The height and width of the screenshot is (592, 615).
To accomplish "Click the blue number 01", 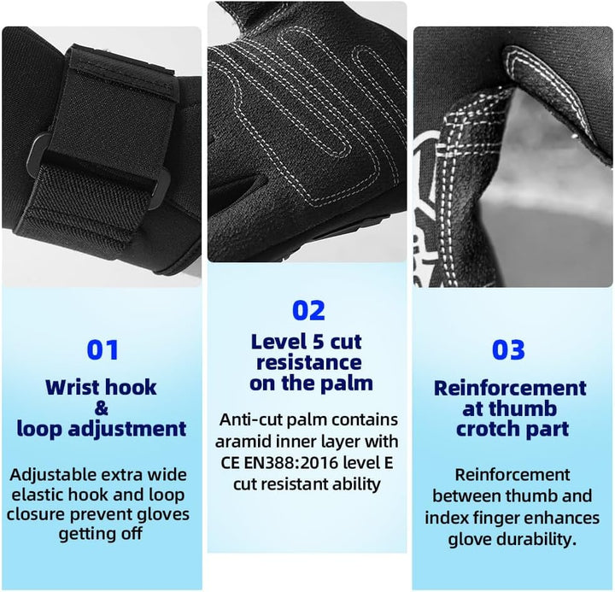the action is (102, 350).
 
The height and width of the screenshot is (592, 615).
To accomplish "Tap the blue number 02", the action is (308, 310).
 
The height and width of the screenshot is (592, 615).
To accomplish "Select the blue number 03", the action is (508, 350).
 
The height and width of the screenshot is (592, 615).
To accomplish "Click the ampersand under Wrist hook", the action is (101, 408).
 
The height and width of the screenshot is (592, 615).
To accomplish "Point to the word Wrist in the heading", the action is (71, 387).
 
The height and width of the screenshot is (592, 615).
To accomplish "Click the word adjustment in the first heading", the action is (127, 429).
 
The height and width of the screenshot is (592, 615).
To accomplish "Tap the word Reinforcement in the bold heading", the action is (510, 388).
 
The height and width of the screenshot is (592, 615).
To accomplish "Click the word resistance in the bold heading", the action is (309, 362).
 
